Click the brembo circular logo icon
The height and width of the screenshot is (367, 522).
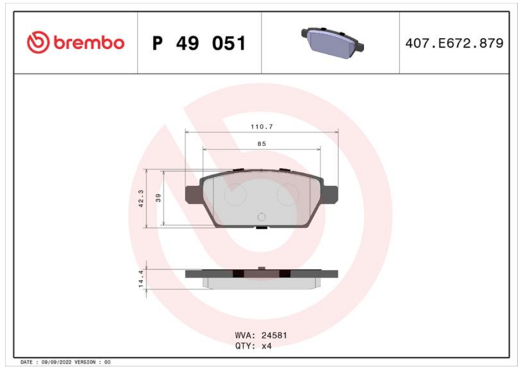click(38, 42)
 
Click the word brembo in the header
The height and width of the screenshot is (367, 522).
click(89, 42)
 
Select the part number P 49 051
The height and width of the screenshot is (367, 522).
click(199, 43)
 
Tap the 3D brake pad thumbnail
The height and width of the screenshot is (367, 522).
click(332, 43)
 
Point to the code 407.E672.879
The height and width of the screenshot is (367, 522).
click(454, 43)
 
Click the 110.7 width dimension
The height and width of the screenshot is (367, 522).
click(262, 127)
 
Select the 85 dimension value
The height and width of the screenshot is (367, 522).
click(262, 144)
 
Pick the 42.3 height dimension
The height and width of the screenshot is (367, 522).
click(141, 199)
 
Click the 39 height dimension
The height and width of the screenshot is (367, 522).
click(159, 198)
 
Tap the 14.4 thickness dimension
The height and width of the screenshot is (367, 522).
click(141, 279)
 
